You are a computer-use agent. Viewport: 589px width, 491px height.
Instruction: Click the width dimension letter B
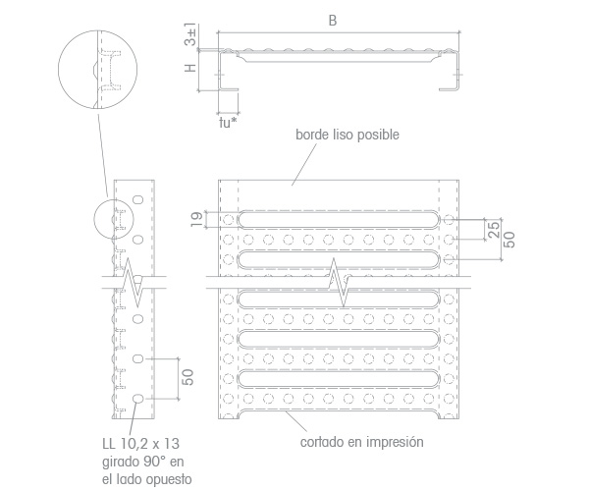333,21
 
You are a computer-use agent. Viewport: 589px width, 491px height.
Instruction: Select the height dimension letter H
190,68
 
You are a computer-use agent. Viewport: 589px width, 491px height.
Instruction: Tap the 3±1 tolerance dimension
190,34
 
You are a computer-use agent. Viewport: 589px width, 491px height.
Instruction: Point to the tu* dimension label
228,123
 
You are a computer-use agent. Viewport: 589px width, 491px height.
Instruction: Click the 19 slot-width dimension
196,219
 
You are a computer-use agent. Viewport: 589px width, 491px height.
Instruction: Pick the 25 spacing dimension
495,230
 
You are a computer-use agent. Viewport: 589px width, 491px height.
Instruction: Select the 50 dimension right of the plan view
509,240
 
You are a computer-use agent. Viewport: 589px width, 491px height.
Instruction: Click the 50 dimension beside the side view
187,377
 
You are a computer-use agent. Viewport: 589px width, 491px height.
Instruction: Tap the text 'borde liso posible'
348,135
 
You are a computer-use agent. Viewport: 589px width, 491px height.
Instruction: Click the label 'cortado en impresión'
361,442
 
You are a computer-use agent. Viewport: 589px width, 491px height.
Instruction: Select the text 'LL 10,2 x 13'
140,444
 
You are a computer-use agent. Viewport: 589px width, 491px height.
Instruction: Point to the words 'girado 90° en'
142,462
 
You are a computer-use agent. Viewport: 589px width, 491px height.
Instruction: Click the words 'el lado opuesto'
147,479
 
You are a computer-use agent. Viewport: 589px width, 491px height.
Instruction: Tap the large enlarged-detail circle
59,70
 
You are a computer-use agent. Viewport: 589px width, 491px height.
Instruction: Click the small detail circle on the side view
94,219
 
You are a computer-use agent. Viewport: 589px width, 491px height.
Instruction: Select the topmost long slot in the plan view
339,219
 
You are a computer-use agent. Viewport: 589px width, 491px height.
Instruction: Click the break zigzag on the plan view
338,283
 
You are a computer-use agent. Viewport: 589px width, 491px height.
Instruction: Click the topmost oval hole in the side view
138,199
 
